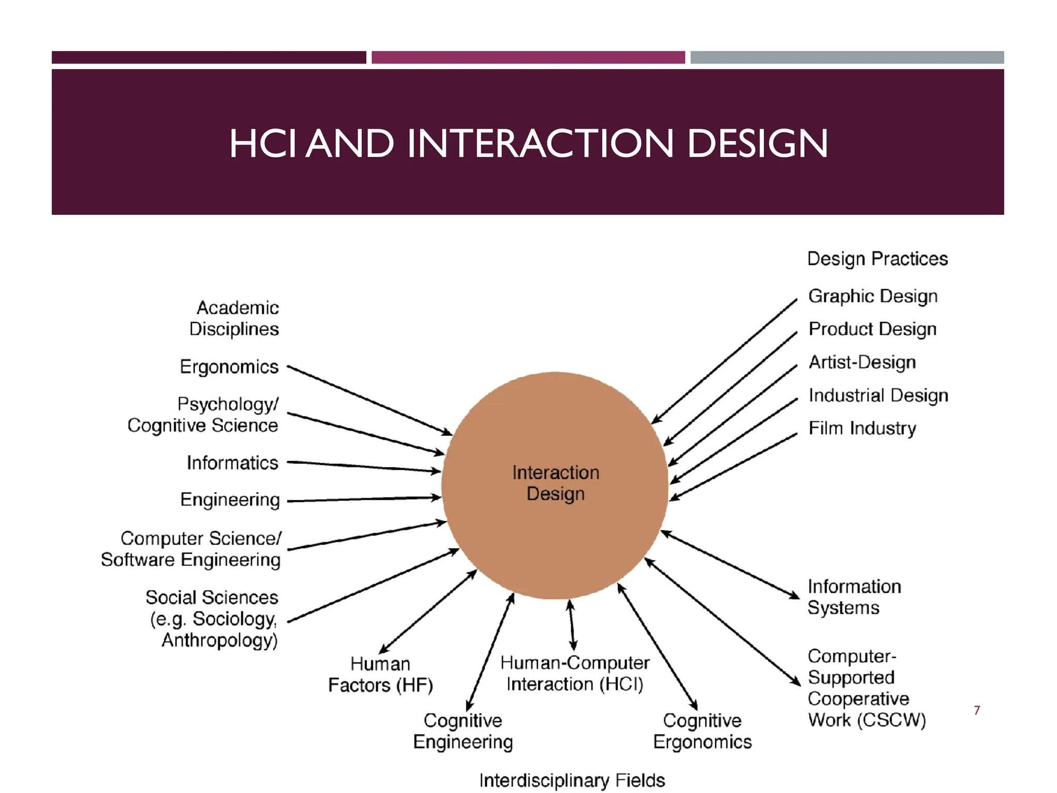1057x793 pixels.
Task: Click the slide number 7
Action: pos(976,710)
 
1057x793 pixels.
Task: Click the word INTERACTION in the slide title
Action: pos(540,144)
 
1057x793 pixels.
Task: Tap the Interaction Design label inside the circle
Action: pos(555,483)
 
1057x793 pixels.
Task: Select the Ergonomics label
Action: pos(229,367)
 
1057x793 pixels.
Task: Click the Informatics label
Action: pos(232,463)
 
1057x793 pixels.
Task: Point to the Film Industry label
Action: pos(862,429)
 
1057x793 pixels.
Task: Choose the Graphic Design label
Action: pos(873,296)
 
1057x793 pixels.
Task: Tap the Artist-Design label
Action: pos(862,362)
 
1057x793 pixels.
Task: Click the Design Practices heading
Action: pos(877,259)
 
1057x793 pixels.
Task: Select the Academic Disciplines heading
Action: pos(235,319)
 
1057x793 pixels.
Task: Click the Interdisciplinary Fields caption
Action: pos(572,780)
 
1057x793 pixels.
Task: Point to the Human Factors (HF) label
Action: pos(380,675)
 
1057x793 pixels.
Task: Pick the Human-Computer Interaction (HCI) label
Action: pos(574,674)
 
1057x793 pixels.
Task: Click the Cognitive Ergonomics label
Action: pos(702,731)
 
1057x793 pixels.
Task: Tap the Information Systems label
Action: pos(854,597)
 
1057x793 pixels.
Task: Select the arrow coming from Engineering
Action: pos(363,499)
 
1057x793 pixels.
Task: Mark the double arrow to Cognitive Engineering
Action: pos(490,653)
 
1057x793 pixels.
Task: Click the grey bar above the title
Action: pos(847,57)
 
